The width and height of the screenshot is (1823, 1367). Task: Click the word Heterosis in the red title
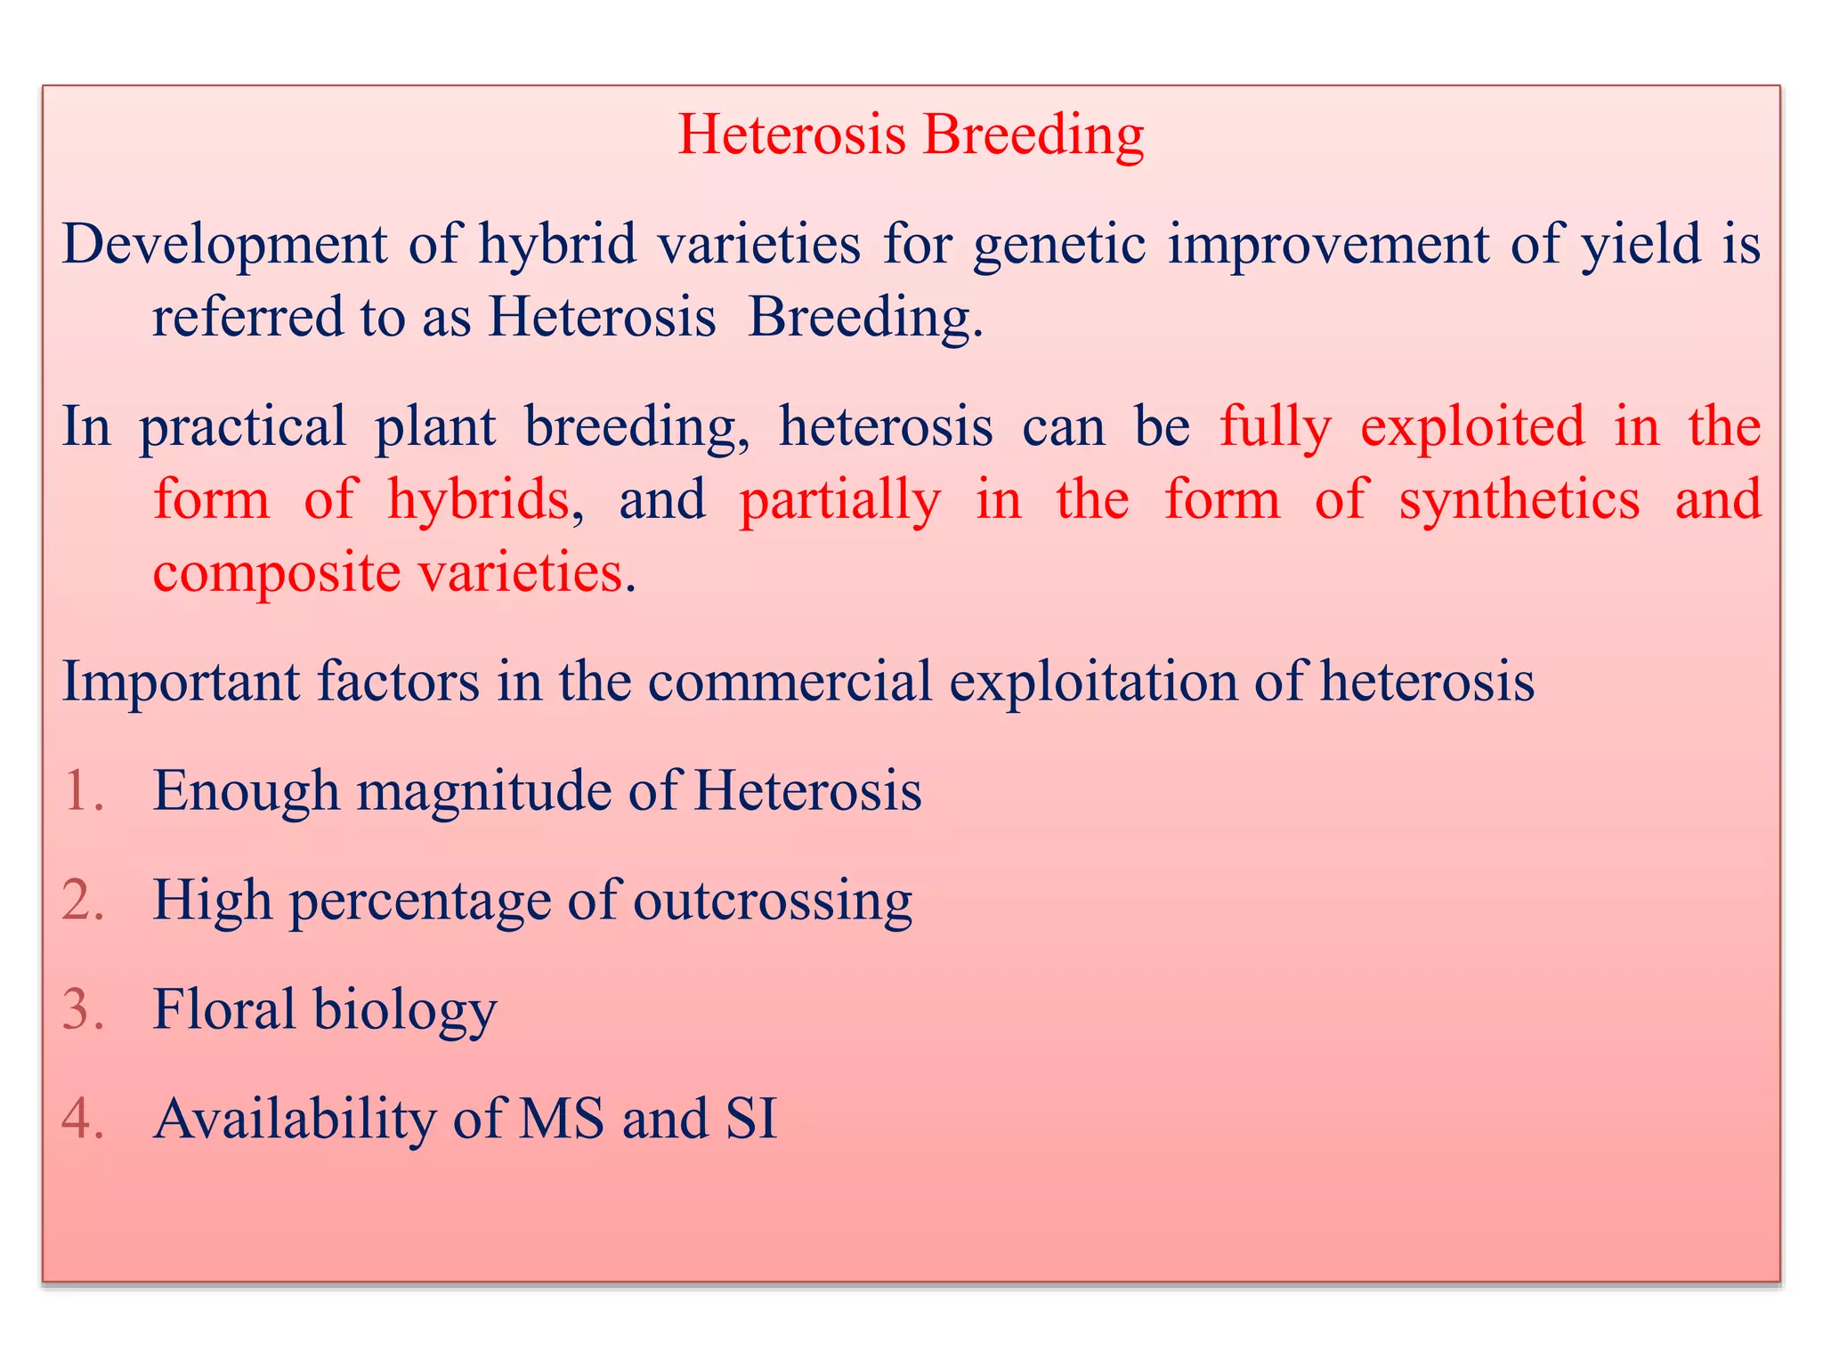tap(791, 135)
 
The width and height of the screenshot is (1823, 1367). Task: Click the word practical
tap(242, 427)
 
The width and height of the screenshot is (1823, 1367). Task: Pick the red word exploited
tap(1472, 426)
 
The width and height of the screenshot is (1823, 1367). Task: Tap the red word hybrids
tap(479, 498)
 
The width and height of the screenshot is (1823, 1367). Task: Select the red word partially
tap(839, 500)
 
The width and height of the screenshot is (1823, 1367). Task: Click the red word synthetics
tap(1519, 498)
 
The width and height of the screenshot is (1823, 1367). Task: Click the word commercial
tap(790, 682)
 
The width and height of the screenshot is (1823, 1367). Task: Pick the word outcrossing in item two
tap(772, 901)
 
